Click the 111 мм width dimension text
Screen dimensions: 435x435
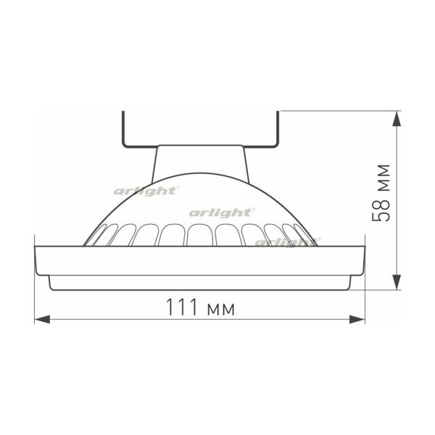click(198, 307)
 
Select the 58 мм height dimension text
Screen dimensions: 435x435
click(382, 193)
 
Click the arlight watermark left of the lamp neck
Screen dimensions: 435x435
click(146, 191)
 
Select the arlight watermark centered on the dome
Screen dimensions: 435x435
click(221, 212)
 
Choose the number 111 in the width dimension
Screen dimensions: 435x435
click(179, 307)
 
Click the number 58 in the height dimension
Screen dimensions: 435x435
click(382, 210)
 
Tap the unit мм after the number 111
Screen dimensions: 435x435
click(220, 310)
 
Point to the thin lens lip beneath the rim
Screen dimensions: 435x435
click(199, 283)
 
